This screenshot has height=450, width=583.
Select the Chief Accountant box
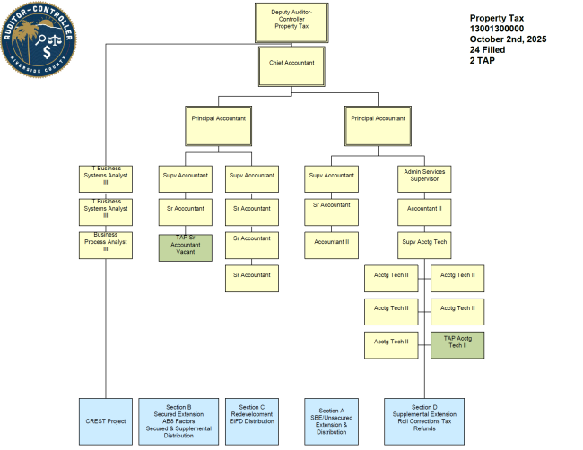(286, 65)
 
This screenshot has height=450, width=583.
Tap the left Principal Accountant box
(218, 125)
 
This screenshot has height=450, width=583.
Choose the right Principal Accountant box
(378, 125)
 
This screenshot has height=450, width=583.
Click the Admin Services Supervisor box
(424, 178)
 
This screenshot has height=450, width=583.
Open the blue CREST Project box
(106, 420)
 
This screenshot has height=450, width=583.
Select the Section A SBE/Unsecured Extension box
(332, 420)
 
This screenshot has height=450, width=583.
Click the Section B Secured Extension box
(186, 420)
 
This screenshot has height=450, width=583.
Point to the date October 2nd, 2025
(508, 39)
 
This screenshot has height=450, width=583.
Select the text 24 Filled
(488, 50)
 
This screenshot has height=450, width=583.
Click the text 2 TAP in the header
(483, 61)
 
